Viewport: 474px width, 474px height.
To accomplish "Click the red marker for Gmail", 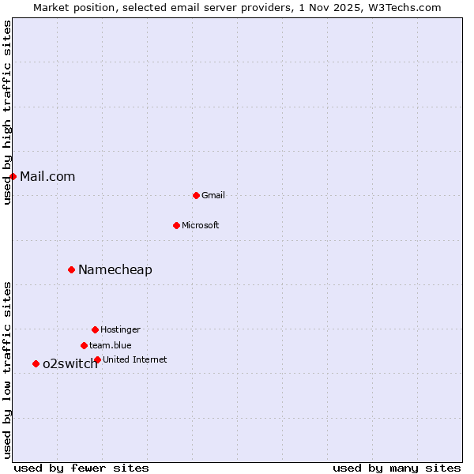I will [x=196, y=195].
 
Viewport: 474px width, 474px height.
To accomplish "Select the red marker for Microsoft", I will [x=176, y=225].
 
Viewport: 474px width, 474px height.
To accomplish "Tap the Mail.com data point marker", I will [x=13, y=176].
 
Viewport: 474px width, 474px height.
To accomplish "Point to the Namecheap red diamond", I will [x=71, y=269].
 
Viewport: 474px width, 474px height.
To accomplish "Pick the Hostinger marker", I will [x=95, y=329].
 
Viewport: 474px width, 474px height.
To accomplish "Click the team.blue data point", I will [x=84, y=345].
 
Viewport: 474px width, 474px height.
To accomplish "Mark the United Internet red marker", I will [x=97, y=359].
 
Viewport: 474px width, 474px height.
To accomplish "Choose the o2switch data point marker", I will [x=36, y=363].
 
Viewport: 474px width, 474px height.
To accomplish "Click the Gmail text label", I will [x=213, y=195].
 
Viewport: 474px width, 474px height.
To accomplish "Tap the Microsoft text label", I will [x=201, y=225].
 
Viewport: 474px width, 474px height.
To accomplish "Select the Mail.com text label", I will [x=47, y=176].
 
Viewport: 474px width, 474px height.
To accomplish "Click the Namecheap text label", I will [x=115, y=269].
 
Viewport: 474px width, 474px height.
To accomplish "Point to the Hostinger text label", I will [x=120, y=329].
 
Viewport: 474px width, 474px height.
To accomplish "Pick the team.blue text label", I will [x=111, y=345].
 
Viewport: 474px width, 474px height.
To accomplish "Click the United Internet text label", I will [x=135, y=359].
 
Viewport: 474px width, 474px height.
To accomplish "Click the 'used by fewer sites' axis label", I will [x=81, y=468].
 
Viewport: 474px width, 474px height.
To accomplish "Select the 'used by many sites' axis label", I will [x=397, y=468].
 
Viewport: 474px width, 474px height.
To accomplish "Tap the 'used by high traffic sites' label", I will [x=7, y=112].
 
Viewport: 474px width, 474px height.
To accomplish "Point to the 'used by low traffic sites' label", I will [x=7, y=370].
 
